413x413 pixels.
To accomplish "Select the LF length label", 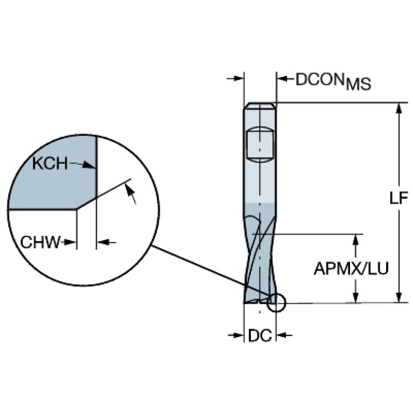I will [x=398, y=199].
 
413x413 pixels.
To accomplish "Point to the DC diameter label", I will [x=260, y=336].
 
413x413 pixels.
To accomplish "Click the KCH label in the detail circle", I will [x=50, y=163].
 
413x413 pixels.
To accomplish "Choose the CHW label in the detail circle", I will [x=40, y=242].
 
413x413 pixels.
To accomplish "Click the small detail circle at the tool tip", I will [x=276, y=303].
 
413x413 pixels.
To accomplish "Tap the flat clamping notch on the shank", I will [x=260, y=143].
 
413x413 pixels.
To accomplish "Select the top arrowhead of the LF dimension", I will [x=398, y=108].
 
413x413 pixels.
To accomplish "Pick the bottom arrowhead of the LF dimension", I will [x=398, y=297].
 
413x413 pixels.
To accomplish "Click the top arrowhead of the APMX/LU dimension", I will [x=355, y=239].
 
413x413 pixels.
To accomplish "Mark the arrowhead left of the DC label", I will [x=239, y=336].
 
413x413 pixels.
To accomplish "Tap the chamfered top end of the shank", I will [x=260, y=106].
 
